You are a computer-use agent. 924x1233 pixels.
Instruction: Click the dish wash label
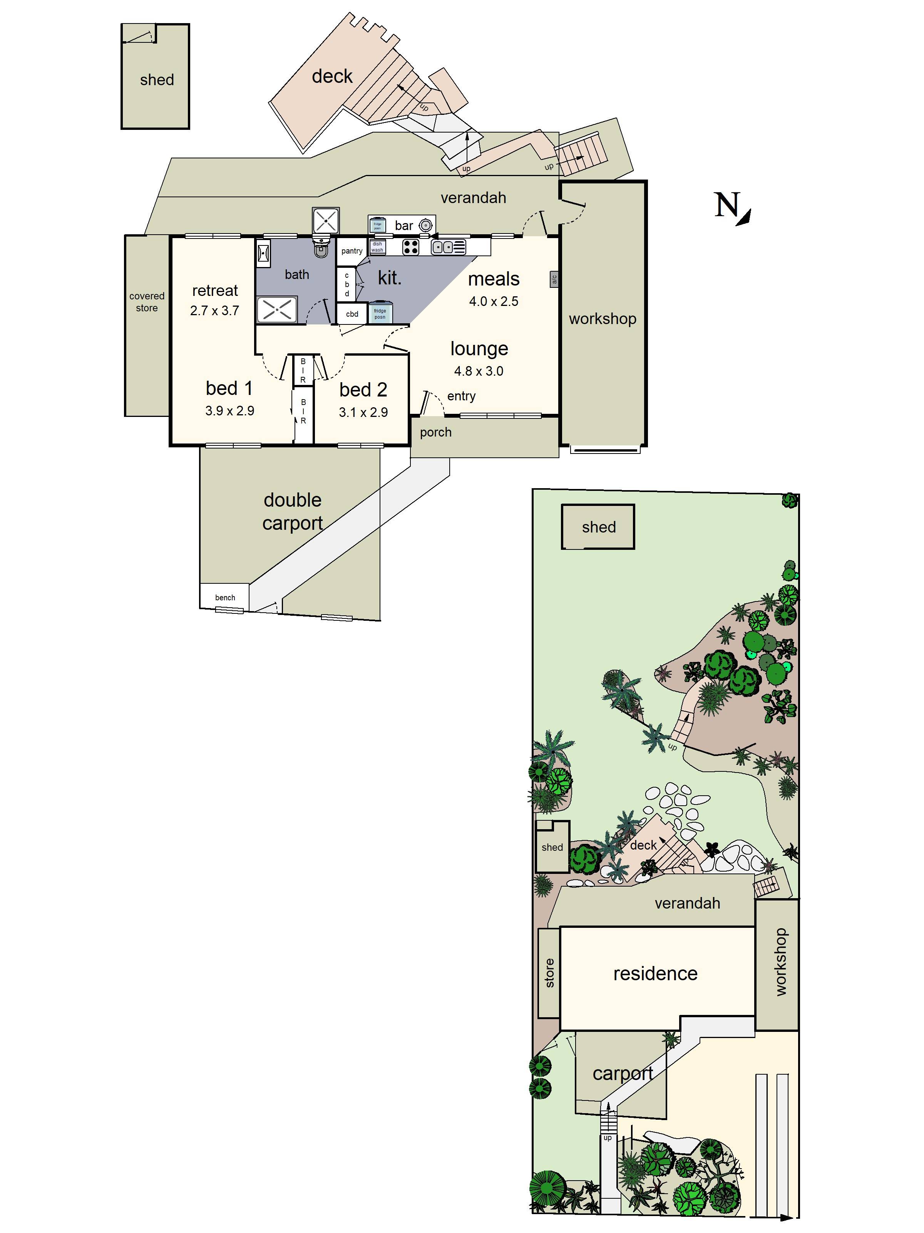pyautogui.click(x=377, y=247)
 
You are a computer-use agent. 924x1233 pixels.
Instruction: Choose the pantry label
pyautogui.click(x=352, y=251)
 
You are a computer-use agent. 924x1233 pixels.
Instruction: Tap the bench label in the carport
pyautogui.click(x=225, y=598)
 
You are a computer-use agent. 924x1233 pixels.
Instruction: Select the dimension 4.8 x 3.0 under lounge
pyautogui.click(x=479, y=371)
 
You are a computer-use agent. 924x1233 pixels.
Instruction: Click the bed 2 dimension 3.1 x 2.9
pyautogui.click(x=363, y=413)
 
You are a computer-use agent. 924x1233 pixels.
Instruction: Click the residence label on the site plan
pyautogui.click(x=655, y=973)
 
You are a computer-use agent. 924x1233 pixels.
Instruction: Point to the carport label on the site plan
pyautogui.click(x=622, y=1073)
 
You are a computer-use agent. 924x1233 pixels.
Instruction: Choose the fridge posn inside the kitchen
pyautogui.click(x=380, y=313)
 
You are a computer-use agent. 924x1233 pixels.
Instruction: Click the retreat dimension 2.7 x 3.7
pyautogui.click(x=214, y=311)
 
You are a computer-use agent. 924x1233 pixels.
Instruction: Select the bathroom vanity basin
pyautogui.click(x=263, y=254)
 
